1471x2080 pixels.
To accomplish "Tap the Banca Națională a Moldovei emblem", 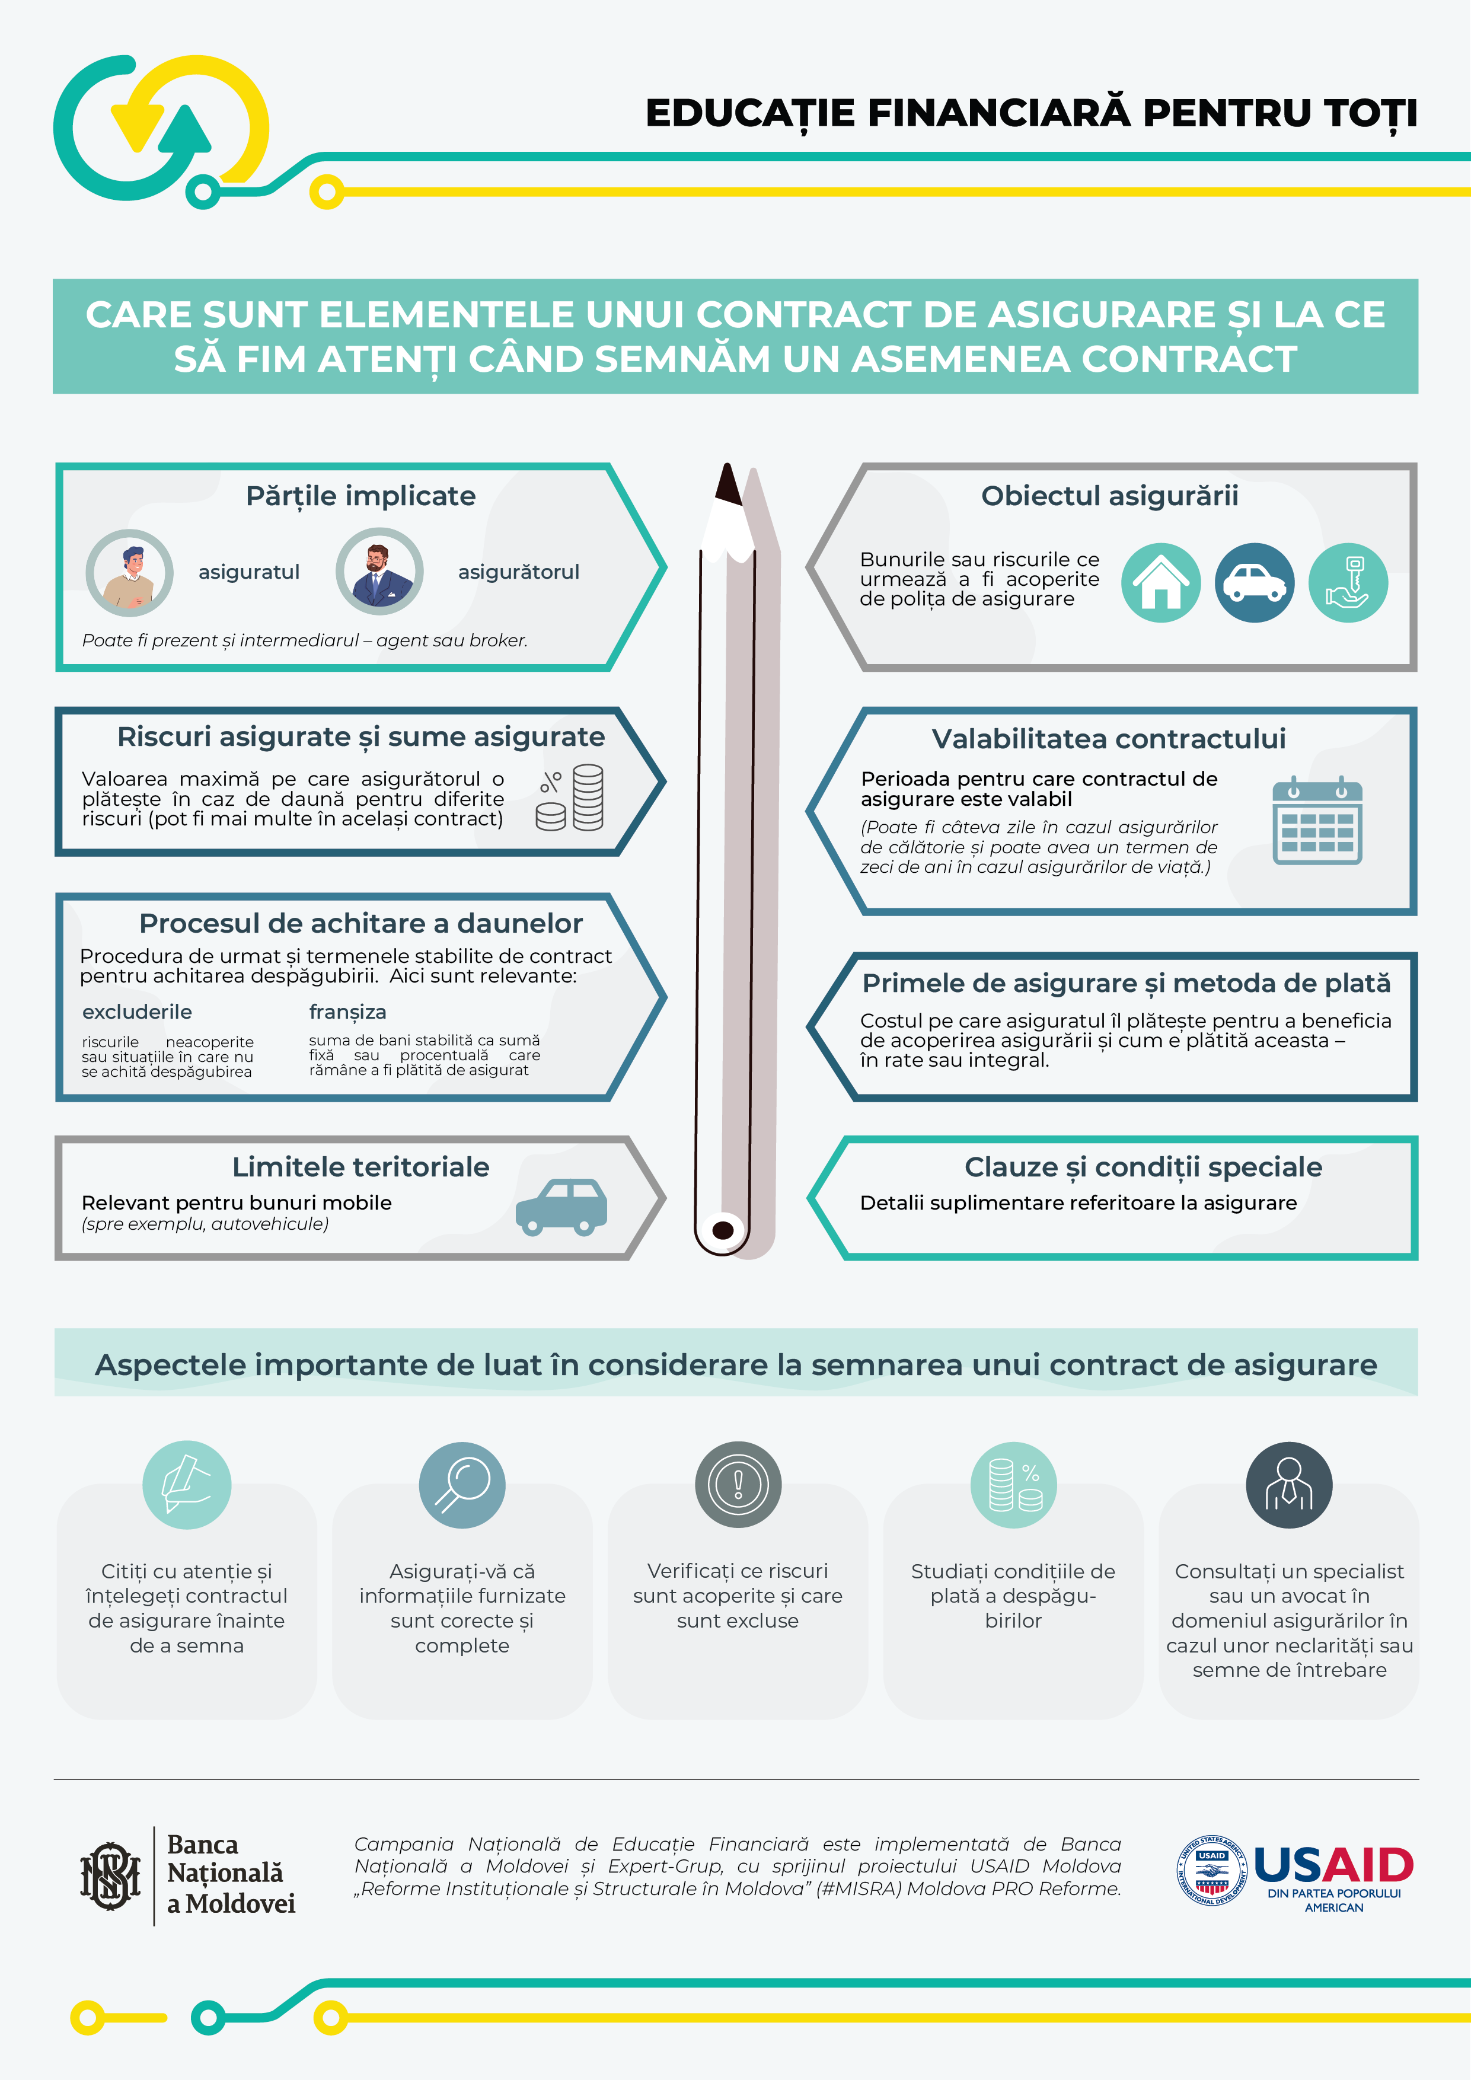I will (110, 1875).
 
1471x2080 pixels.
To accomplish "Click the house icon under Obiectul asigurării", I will (1160, 582).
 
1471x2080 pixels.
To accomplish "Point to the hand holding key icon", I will (1348, 582).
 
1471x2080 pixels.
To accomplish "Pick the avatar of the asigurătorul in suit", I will (379, 572).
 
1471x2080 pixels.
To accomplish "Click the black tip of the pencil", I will (727, 484).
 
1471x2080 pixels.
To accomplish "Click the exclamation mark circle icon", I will (738, 1485).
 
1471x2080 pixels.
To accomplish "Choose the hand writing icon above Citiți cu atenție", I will (187, 1485).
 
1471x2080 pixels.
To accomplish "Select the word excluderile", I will (137, 1012).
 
